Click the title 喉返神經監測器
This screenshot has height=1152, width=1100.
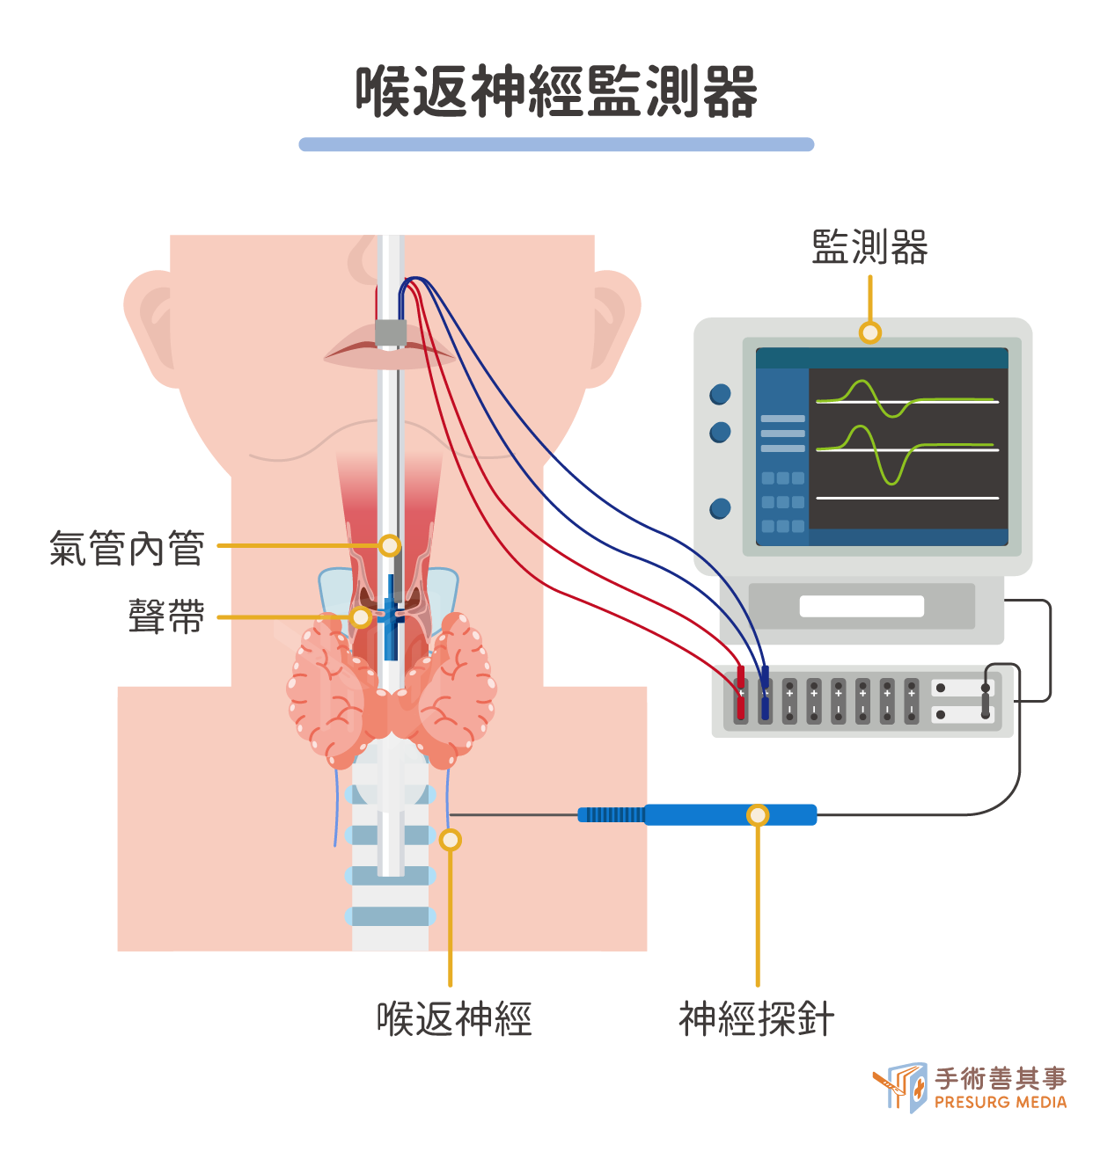[x=556, y=92]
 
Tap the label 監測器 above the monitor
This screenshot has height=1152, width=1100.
[x=869, y=247]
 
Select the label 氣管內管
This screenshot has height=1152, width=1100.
[x=128, y=548]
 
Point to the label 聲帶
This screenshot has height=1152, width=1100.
[x=166, y=616]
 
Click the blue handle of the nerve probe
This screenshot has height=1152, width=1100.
[x=730, y=814]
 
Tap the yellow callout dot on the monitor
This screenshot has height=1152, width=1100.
[x=870, y=332]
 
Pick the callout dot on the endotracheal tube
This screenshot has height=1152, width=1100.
[x=389, y=545]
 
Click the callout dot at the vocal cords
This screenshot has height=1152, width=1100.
[x=361, y=617]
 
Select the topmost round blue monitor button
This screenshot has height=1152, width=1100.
[x=720, y=394]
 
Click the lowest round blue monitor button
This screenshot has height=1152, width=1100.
[x=720, y=508]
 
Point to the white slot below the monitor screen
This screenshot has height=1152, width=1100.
[x=862, y=606]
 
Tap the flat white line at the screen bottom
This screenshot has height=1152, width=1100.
[x=907, y=498]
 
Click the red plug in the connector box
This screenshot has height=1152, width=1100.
[x=741, y=692]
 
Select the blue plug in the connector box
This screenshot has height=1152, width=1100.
[x=765, y=692]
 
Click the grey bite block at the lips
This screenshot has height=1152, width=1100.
[x=391, y=332]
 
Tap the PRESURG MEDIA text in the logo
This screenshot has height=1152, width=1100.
[x=1001, y=1102]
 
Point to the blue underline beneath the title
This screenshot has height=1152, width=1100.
[x=556, y=144]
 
